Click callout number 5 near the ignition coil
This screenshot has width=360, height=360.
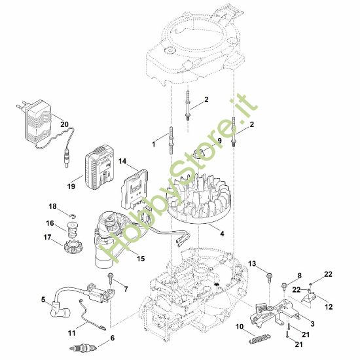(43, 300)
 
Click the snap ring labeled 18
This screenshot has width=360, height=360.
(75, 213)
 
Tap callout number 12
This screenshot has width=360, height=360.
(329, 306)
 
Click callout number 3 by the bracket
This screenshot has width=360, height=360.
(310, 323)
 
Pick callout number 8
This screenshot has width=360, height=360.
(299, 276)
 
